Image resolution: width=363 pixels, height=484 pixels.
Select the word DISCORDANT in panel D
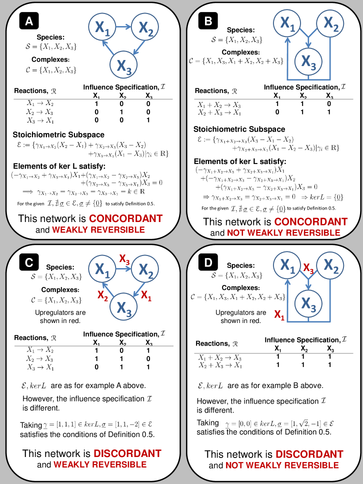tap(309, 454)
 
